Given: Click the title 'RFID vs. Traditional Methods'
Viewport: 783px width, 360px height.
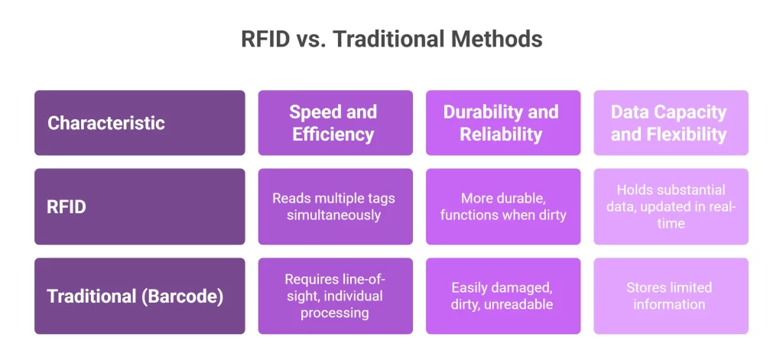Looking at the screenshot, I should [x=391, y=39].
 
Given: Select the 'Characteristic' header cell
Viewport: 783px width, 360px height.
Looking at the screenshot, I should [x=139, y=123].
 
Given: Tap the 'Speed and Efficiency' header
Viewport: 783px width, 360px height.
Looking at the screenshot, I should [x=335, y=123].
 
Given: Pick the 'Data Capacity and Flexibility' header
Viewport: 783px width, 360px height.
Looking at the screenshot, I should [x=670, y=123].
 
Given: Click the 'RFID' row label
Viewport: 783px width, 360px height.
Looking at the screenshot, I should [x=139, y=206].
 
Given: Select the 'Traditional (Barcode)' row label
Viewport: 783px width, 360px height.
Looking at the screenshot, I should [x=139, y=296].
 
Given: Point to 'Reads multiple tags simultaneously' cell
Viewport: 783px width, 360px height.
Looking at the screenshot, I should [x=335, y=206].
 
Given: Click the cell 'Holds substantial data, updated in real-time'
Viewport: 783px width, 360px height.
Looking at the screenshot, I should [x=670, y=206].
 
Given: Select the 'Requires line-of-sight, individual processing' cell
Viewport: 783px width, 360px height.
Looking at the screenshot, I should [x=335, y=296].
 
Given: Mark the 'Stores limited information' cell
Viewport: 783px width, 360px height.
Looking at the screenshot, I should [x=670, y=296].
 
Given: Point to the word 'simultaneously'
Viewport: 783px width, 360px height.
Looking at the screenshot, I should [x=333, y=216].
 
